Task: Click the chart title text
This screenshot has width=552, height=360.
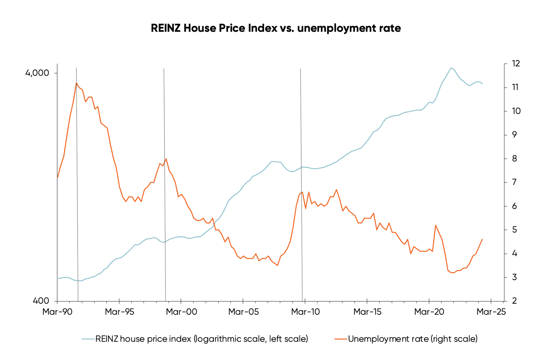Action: click(x=276, y=28)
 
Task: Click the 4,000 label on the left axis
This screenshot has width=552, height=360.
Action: click(x=37, y=73)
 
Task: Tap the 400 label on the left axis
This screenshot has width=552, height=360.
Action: click(x=41, y=301)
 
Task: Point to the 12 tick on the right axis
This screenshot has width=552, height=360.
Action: click(x=516, y=64)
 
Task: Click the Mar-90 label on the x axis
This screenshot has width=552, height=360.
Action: click(x=57, y=312)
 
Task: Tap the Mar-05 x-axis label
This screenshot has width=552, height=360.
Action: click(x=243, y=312)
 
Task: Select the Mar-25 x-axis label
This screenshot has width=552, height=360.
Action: click(x=491, y=312)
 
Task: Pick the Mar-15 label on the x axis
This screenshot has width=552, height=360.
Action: click(x=367, y=312)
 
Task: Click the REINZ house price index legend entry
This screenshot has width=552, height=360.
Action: click(x=202, y=339)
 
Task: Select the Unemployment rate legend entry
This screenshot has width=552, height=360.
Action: click(x=413, y=339)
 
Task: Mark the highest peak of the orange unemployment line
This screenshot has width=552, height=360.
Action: click(x=76, y=83)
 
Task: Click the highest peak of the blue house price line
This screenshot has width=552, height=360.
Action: click(x=451, y=68)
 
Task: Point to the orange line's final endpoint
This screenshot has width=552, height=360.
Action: click(x=482, y=239)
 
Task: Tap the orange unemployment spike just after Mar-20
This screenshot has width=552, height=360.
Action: click(x=436, y=225)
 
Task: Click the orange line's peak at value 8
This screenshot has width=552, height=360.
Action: click(x=166, y=159)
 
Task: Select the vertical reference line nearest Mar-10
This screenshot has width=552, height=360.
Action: click(x=301, y=184)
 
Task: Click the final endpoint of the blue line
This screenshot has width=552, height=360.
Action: click(x=482, y=84)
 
